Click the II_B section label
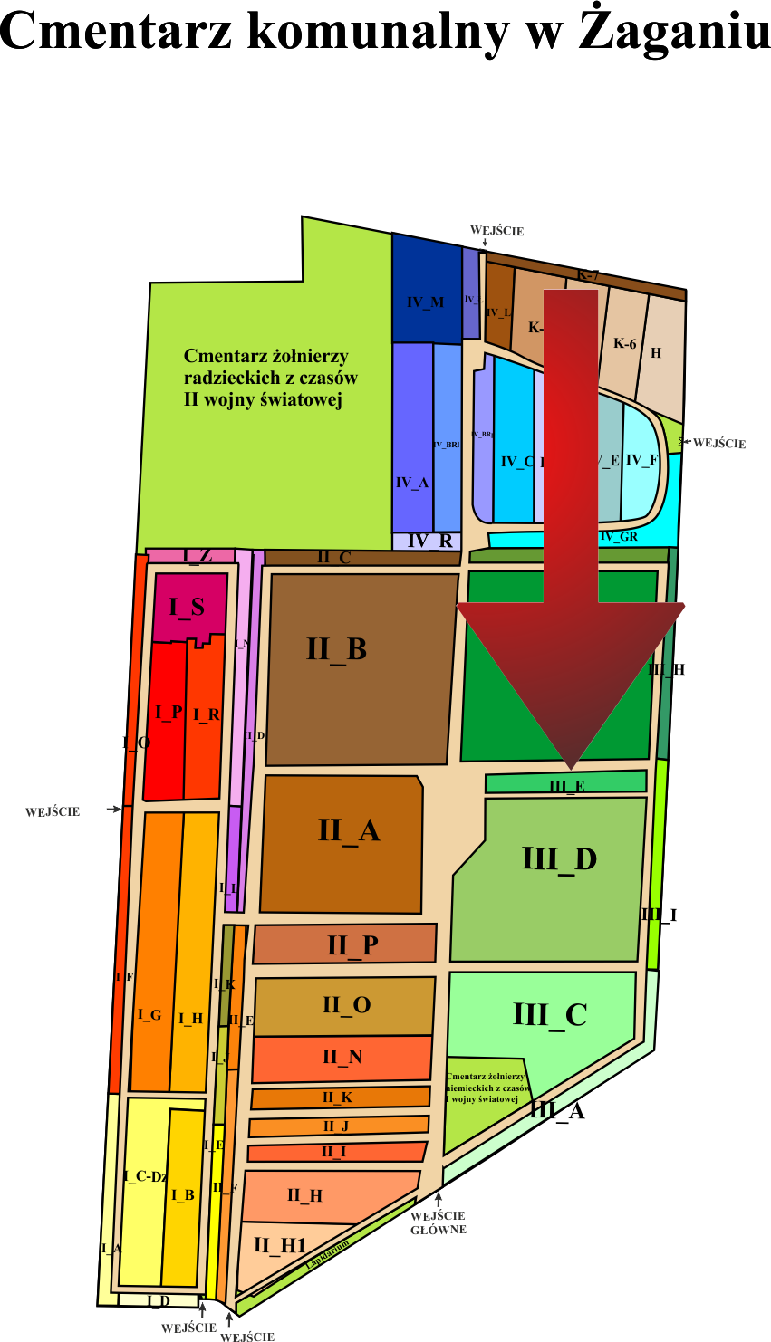point(336,649)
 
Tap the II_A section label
point(348,830)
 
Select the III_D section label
point(559,858)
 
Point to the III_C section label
point(550,1014)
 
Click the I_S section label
point(186,608)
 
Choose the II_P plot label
point(352,945)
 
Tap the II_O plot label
point(346,1005)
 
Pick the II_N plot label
point(342,1057)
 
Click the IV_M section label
point(426,302)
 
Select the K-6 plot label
point(625,344)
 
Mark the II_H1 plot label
point(280,1246)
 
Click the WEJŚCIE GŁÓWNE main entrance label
point(439,1222)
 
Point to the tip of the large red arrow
point(571,768)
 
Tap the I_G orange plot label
point(149,1016)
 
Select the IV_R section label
point(429,542)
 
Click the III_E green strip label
point(567,786)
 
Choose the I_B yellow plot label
point(183,1195)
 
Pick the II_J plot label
point(335,1126)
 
